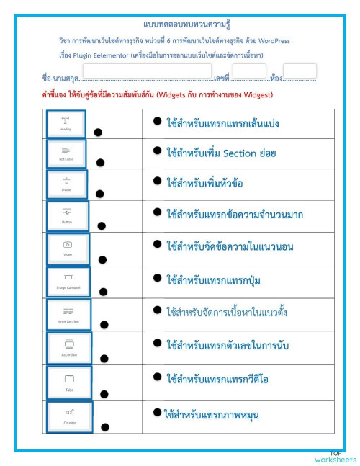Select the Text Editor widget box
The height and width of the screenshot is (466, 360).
[x=66, y=153]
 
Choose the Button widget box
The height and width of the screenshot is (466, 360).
[x=67, y=215]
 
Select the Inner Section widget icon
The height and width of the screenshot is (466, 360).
[x=68, y=310]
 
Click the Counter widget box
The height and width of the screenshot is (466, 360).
[x=69, y=416]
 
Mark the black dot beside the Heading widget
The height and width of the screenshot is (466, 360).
[x=98, y=132]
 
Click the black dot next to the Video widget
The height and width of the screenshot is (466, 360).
[x=102, y=259]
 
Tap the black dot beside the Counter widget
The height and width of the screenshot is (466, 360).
[x=104, y=427]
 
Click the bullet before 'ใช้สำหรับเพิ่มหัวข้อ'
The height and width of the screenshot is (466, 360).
[x=156, y=182]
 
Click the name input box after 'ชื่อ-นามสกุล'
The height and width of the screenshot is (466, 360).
[x=147, y=73]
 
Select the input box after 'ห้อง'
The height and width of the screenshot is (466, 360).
[x=300, y=72]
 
